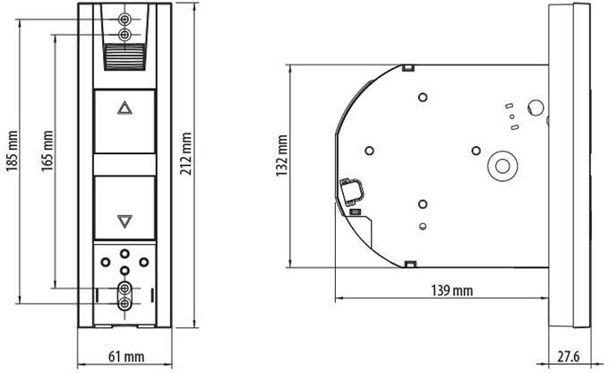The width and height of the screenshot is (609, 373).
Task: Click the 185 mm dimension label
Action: pos(12,151)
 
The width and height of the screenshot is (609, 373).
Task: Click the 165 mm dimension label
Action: pos(47,151)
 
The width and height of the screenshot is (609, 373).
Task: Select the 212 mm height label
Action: pos(186,153)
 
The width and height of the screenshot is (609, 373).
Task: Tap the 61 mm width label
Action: pos(126,357)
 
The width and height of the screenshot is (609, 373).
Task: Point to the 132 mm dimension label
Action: pos(281,156)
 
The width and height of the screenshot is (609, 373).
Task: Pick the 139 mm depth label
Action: pos(451,291)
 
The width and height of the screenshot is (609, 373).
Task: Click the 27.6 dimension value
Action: pos(568,356)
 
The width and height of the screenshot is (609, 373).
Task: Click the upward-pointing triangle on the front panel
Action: pos(124,108)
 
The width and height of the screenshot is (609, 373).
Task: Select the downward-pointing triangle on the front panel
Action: pos(124,221)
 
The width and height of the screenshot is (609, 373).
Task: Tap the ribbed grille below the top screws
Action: pos(124,56)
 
